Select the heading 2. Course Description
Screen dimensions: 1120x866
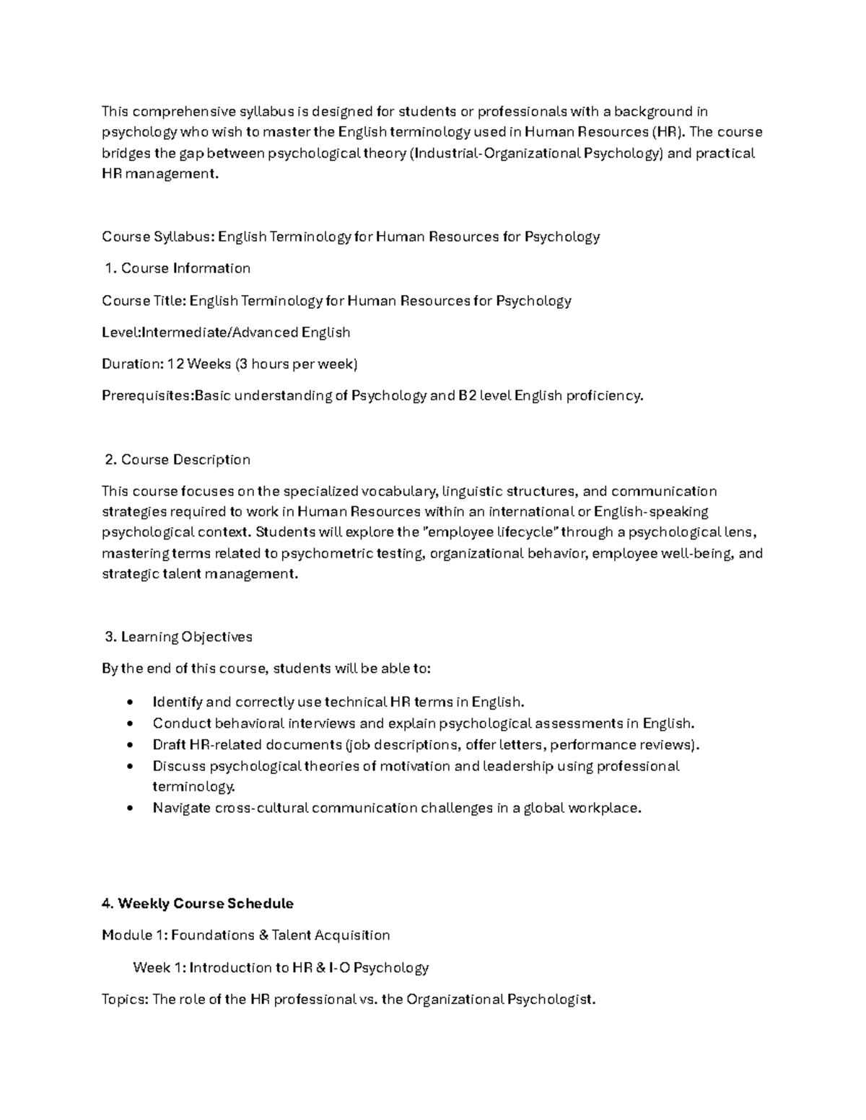[x=178, y=459]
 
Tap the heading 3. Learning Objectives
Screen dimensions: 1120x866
[x=179, y=637]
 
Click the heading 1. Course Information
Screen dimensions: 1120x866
[x=178, y=268]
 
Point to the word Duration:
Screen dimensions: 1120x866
[x=133, y=364]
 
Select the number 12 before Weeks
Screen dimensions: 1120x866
[x=175, y=364]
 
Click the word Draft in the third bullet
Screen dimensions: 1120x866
[x=169, y=745]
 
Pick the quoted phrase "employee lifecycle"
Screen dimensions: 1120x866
[x=488, y=533]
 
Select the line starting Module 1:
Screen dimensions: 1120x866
[x=245, y=935]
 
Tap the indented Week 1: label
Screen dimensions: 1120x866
[x=159, y=968]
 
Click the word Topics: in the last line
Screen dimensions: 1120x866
[x=126, y=1000]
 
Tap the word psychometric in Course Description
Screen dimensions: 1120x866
[x=327, y=554]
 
